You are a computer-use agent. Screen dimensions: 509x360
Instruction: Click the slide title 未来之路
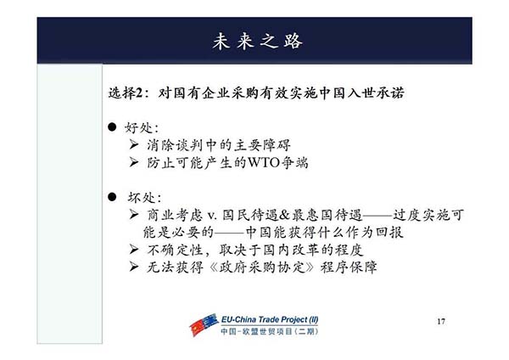click(x=257, y=41)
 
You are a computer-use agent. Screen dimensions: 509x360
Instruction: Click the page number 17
click(x=441, y=321)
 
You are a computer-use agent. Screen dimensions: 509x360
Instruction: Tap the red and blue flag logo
click(x=204, y=324)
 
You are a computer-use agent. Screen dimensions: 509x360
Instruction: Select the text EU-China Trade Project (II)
click(x=270, y=319)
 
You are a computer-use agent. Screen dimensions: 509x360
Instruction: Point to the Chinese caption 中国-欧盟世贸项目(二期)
click(x=270, y=331)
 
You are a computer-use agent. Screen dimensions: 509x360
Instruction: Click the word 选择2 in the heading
click(x=126, y=93)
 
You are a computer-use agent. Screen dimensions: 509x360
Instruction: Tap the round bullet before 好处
click(x=112, y=127)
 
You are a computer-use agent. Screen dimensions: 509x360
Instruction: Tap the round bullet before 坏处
click(x=112, y=197)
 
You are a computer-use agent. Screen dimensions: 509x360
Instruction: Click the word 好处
click(x=138, y=127)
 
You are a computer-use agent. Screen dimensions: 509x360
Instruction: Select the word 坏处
click(x=142, y=198)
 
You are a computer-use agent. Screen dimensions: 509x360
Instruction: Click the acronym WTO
click(x=264, y=162)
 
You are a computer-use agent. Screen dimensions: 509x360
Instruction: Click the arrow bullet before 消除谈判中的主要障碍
click(x=134, y=144)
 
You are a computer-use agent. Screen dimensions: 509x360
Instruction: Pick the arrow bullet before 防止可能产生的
click(x=134, y=161)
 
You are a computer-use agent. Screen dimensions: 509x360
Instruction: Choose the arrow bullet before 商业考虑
click(x=134, y=214)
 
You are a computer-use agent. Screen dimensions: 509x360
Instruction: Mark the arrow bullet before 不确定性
click(x=134, y=250)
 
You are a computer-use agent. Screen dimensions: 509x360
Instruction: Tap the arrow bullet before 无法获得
click(x=134, y=267)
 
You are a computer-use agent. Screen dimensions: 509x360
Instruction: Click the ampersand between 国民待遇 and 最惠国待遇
click(x=284, y=215)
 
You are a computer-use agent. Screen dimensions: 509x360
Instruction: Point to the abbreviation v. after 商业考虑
click(x=212, y=216)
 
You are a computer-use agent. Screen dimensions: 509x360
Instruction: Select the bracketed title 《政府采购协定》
click(x=262, y=267)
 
